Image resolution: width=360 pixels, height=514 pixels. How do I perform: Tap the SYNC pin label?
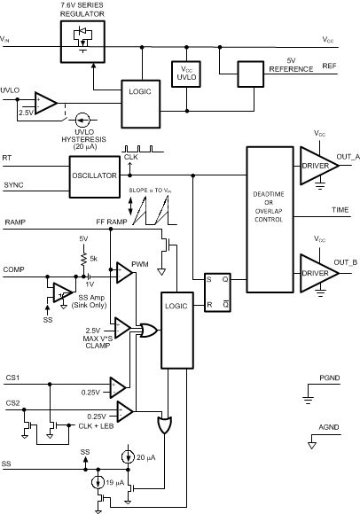[x=13, y=185]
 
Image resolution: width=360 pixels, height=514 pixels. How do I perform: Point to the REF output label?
[x=328, y=66]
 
